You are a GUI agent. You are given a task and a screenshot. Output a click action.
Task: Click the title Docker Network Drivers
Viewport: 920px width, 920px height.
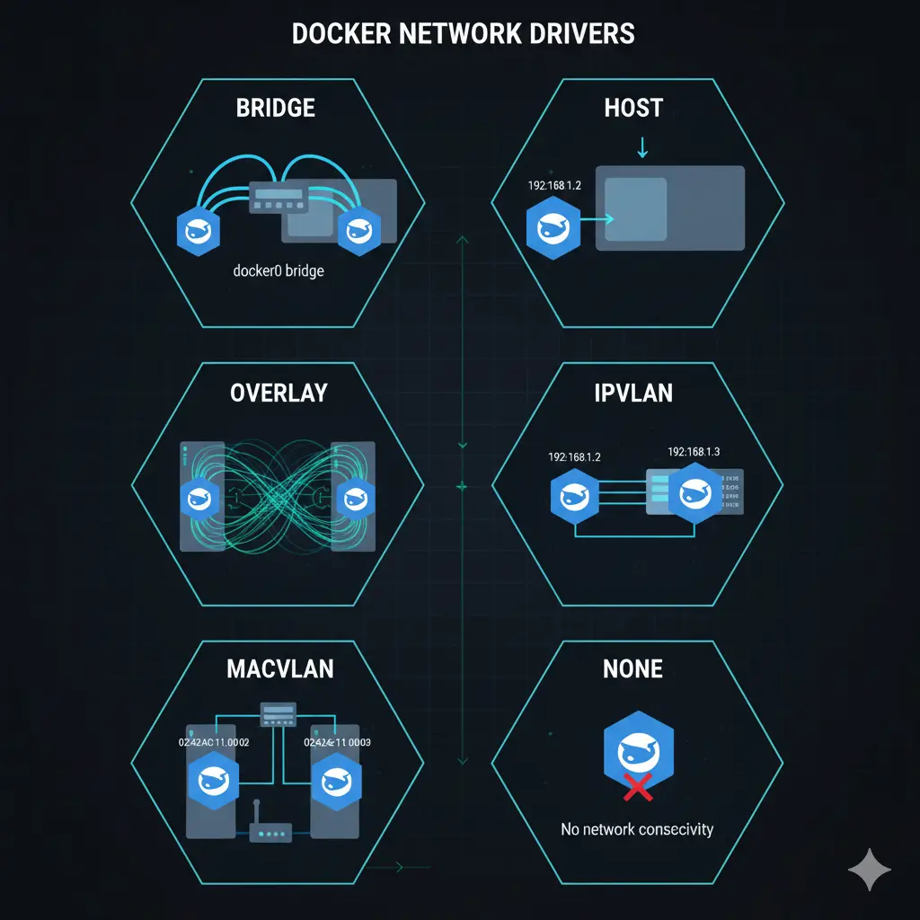tap(464, 34)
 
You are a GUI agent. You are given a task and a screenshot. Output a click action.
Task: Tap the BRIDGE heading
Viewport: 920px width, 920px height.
tap(275, 109)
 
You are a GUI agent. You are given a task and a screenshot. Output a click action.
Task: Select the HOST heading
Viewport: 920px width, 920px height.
tap(633, 109)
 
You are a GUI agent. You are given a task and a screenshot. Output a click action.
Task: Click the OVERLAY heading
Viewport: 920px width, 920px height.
tap(278, 393)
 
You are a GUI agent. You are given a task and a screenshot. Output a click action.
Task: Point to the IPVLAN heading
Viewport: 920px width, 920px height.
tap(634, 393)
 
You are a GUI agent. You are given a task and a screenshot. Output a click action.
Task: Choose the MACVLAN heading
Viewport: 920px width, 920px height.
tap(280, 669)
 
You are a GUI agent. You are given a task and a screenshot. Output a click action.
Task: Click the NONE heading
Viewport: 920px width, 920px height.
tap(633, 669)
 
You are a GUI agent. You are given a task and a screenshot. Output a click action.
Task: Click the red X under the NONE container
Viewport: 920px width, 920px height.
tap(638, 789)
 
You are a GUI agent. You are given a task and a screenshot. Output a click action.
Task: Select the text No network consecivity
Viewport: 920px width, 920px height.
tap(637, 828)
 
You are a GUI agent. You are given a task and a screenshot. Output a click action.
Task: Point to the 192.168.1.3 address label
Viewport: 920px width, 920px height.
tap(694, 451)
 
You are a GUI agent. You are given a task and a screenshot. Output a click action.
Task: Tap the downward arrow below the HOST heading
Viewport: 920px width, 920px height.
tap(641, 146)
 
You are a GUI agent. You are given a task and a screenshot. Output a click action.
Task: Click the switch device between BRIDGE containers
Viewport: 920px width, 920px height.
tap(279, 199)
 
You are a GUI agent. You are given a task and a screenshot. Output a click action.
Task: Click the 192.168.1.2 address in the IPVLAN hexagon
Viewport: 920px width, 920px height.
tap(574, 456)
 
